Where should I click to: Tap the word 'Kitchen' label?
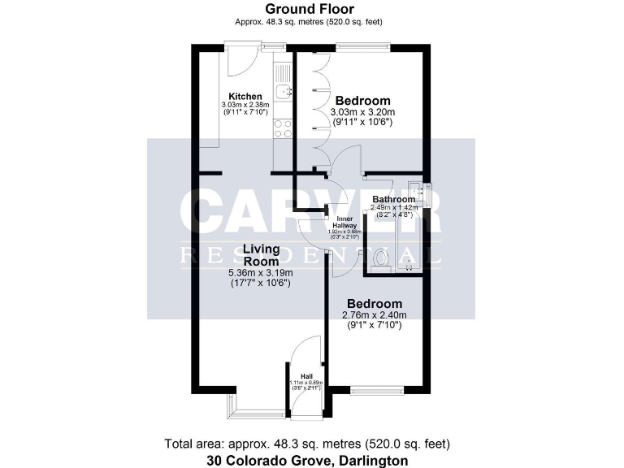[x=245, y=97]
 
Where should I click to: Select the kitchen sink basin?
[x=282, y=92]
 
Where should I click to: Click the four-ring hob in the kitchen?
[x=284, y=128]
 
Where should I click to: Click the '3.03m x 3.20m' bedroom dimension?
[x=362, y=112]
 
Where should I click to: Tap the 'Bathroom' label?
[x=393, y=199]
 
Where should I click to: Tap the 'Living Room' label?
[x=259, y=255]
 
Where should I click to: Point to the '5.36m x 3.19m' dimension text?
[x=259, y=273]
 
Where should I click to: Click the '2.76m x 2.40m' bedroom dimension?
[x=375, y=315]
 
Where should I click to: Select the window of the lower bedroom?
[x=376, y=391]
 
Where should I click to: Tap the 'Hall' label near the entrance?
[x=306, y=375]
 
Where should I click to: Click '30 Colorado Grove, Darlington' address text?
[x=311, y=460]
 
